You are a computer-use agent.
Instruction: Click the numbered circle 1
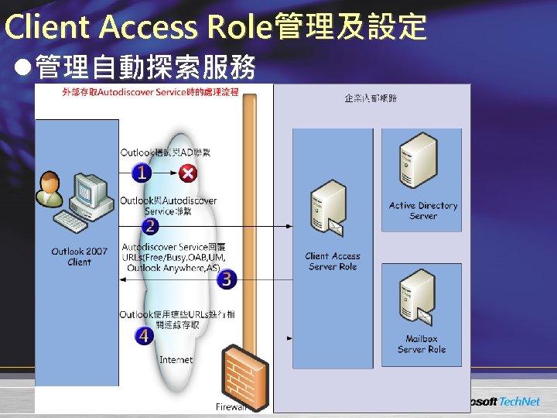(141, 172)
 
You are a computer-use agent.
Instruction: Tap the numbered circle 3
(226, 279)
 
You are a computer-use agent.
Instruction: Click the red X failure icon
(187, 172)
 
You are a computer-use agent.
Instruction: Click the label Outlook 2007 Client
(80, 257)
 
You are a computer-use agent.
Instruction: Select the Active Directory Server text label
(423, 211)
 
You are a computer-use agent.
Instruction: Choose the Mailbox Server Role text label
(422, 344)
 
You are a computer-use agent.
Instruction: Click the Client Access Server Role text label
(333, 262)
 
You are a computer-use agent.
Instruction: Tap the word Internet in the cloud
(176, 360)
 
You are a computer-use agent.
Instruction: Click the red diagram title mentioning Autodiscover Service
(150, 93)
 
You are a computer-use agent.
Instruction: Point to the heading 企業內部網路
(371, 98)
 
